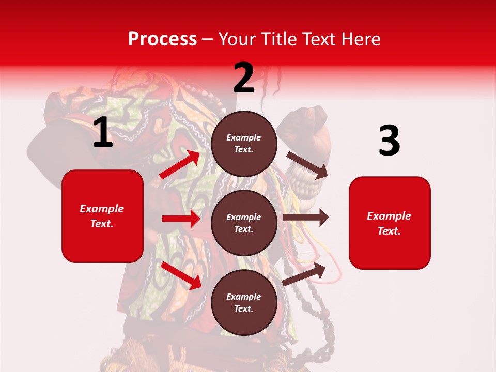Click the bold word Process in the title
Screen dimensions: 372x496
pos(162,39)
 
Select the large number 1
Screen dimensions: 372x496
pos(103,133)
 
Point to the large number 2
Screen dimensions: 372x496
pos(244,78)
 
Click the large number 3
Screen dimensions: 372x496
pos(389,141)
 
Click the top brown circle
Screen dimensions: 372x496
pos(244,144)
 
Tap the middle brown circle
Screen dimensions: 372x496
pos(244,223)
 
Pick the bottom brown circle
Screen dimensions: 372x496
pos(244,302)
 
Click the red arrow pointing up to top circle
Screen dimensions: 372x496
pos(180,164)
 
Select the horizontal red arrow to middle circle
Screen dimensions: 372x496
pos(181,219)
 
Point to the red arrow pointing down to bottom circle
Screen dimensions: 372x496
pos(181,275)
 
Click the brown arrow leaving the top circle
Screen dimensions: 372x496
pos(307,165)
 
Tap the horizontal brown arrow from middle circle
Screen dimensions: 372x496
pos(306,218)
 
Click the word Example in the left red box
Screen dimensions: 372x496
pos(102,209)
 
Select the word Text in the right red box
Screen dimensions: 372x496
pos(389,231)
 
